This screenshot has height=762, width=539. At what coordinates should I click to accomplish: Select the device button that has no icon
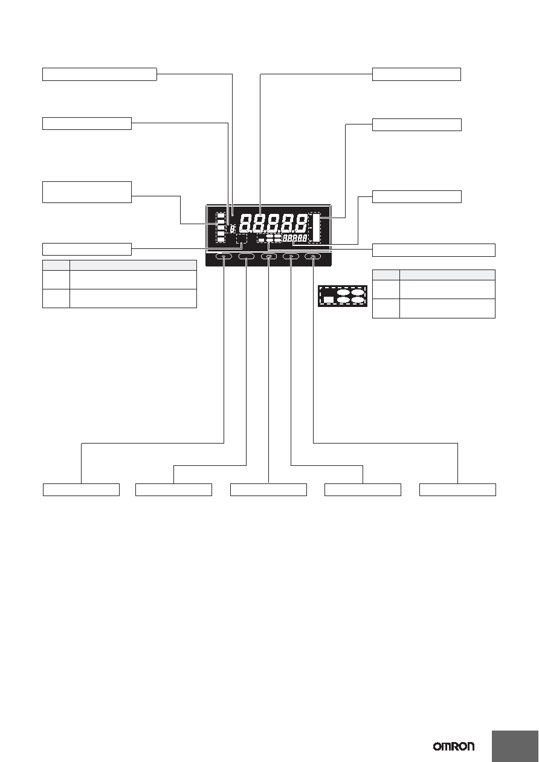click(246, 256)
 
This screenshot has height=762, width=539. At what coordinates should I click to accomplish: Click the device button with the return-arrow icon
click(269, 256)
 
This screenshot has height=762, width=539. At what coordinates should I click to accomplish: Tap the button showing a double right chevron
click(291, 256)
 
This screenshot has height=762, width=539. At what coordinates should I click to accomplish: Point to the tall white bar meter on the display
click(316, 228)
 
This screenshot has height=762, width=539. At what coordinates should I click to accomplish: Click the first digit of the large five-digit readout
click(245, 223)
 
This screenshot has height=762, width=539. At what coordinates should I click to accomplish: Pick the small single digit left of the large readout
click(233, 229)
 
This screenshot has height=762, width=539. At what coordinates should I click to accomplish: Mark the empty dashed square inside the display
click(242, 239)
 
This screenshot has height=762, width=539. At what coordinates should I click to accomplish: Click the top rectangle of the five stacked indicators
click(221, 216)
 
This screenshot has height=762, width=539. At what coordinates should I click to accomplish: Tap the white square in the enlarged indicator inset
click(329, 299)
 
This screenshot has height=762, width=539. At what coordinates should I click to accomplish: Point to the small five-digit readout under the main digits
click(295, 238)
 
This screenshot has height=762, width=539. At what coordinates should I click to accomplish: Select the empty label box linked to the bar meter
click(416, 124)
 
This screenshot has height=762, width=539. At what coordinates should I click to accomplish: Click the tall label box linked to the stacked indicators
click(87, 192)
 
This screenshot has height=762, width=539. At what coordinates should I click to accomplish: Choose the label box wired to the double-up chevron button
click(457, 489)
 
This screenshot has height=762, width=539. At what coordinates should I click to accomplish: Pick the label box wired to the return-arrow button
click(269, 489)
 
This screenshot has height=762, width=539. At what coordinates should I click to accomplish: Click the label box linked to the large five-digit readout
click(416, 74)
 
